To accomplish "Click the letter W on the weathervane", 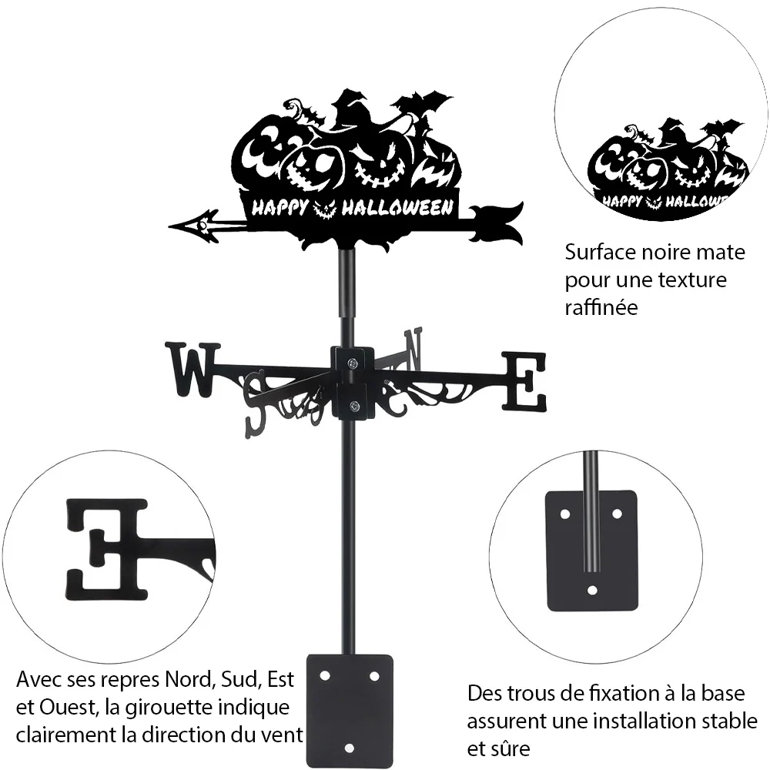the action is [193, 370].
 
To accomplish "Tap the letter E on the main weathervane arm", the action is [524, 381].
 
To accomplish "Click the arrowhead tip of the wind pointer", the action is [169, 227].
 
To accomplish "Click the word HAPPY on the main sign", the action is [280, 208].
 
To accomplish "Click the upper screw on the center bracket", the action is [353, 363].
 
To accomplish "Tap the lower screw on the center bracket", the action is [353, 406].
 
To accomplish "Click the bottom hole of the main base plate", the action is [349, 748].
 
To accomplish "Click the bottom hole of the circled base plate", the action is [592, 590].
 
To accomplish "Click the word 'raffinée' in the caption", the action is [601, 307].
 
